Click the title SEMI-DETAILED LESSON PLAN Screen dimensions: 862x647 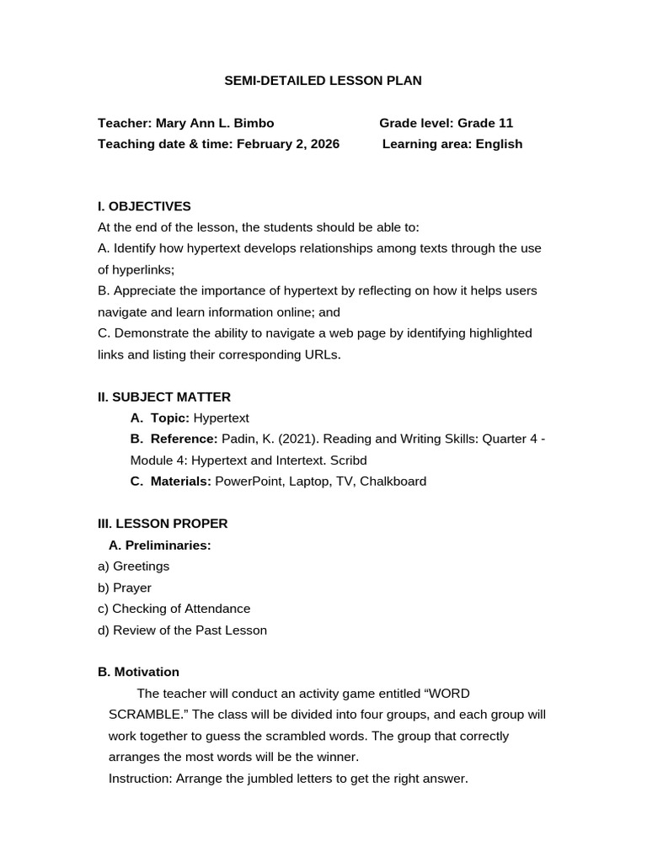point(323,81)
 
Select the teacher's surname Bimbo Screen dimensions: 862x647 point(254,123)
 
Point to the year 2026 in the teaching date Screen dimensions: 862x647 point(324,144)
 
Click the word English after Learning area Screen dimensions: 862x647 point(499,144)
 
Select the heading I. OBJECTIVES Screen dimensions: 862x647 point(144,206)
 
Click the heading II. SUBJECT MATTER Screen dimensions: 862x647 point(164,396)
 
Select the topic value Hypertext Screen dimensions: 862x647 point(222,418)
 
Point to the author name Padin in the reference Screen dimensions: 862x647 point(239,439)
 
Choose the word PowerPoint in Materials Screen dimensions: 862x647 point(245,482)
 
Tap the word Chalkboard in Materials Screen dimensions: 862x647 point(393,482)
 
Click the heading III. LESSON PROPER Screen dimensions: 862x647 point(163,524)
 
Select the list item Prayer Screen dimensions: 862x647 point(132,588)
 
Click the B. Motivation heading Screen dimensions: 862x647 point(138,672)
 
